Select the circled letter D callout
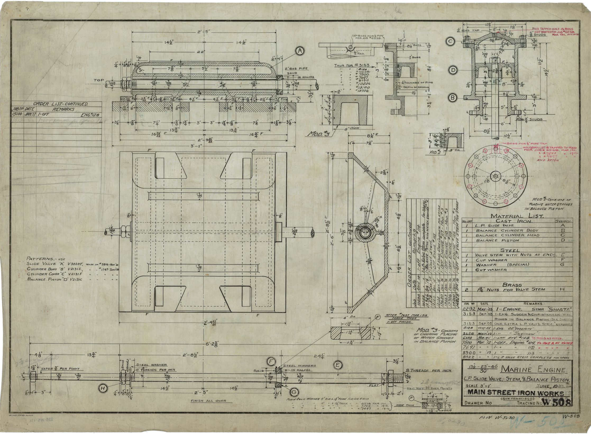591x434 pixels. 453,70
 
